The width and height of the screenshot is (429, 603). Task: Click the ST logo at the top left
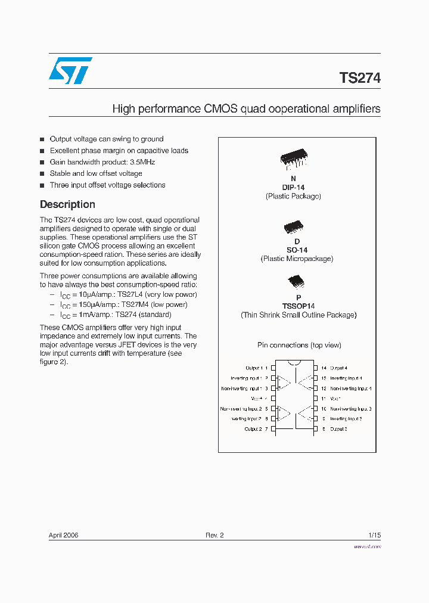tap(70, 70)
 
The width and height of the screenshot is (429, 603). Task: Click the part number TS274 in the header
tap(359, 78)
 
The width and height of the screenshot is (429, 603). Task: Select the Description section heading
tap(67, 204)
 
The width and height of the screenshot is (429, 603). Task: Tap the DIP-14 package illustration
tap(293, 158)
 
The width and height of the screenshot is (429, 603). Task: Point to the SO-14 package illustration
tap(293, 227)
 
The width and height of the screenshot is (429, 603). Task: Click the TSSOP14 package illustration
tap(296, 281)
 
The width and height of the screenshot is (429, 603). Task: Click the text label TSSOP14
tap(299, 306)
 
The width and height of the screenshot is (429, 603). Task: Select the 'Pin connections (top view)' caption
tap(299, 345)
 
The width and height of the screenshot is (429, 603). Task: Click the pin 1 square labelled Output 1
tap(273, 368)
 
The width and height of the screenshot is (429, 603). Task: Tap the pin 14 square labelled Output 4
tap(316, 368)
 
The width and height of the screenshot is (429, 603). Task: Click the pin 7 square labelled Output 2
tap(273, 429)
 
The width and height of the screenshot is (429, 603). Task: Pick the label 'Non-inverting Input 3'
tap(351, 409)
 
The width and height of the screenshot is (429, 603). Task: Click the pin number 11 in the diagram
tap(323, 399)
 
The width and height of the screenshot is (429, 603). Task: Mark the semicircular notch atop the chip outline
tap(294, 363)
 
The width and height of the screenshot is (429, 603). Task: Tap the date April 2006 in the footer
tap(63, 535)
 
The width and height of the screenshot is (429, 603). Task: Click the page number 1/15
tap(374, 535)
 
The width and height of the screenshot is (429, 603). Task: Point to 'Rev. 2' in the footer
tap(214, 535)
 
